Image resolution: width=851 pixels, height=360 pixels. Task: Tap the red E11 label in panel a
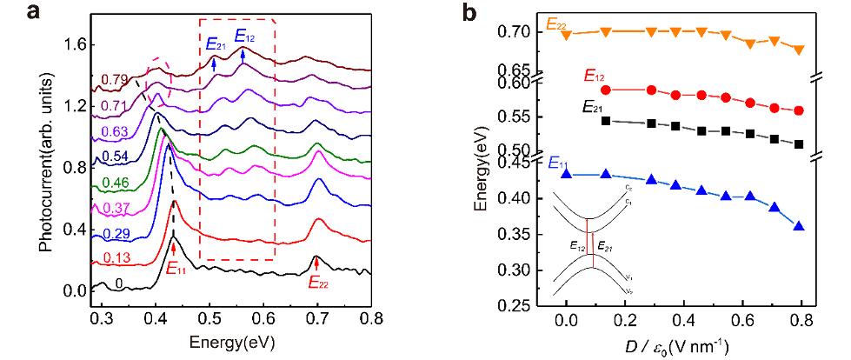point(176,267)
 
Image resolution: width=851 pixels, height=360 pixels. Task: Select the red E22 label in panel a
point(322,281)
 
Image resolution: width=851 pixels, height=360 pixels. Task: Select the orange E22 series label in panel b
point(559,26)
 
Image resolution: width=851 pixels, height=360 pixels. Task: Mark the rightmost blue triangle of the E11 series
point(799,226)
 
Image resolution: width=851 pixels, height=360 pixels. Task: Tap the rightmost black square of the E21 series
point(799,144)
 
